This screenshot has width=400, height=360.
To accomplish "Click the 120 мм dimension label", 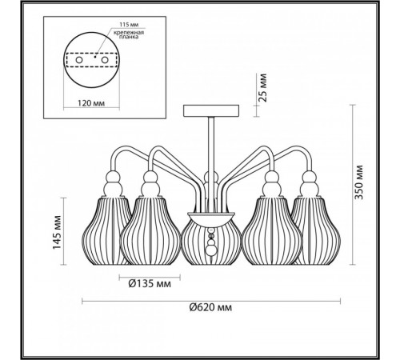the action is pyautogui.click(x=91, y=103).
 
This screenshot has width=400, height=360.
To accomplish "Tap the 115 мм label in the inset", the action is pyautogui.click(x=129, y=25).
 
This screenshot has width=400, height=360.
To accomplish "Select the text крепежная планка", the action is pyautogui.click(x=129, y=34).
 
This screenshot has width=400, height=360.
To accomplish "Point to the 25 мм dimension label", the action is pyautogui.click(x=262, y=88).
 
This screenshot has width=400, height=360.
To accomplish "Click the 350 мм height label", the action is pyautogui.click(x=358, y=182).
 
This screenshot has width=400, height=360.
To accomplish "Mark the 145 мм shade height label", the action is pyautogui.click(x=57, y=232).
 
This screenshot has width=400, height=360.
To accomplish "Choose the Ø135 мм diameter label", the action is pyautogui.click(x=150, y=284).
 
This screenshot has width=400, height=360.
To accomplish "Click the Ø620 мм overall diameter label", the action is pyautogui.click(x=210, y=307).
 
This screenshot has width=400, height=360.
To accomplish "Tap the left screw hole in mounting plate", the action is pyautogui.click(x=78, y=60).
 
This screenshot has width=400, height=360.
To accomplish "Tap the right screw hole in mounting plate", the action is pyautogui.click(x=105, y=60).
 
